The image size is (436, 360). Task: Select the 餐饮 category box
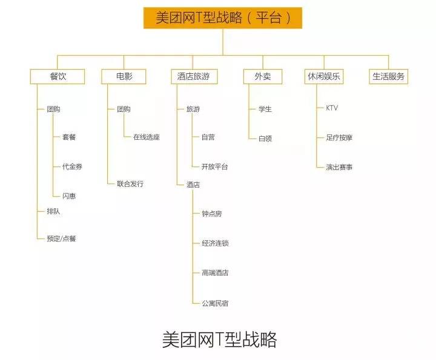[x=58, y=77]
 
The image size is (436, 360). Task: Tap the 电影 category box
[x=124, y=77]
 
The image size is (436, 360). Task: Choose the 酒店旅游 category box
[x=194, y=77]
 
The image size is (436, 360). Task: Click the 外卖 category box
[x=262, y=77]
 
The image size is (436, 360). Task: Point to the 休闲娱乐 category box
[x=323, y=77]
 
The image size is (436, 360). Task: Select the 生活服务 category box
[x=389, y=77]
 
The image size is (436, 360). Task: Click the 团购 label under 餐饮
[x=53, y=110]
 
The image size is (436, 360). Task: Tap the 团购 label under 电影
[x=124, y=110]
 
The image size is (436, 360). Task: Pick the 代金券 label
[x=71, y=166]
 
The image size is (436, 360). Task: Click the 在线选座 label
[x=147, y=137]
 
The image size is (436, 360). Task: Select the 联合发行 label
[x=130, y=184]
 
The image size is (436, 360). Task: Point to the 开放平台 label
[x=215, y=166]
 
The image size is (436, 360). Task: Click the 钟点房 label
[x=212, y=214]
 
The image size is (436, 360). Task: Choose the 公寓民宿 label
[x=215, y=303]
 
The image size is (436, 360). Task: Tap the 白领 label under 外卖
[x=265, y=139]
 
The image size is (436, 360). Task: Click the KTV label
[x=332, y=108]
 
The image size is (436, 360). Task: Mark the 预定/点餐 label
[x=62, y=238]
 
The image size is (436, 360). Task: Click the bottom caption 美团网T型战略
[x=220, y=339]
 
